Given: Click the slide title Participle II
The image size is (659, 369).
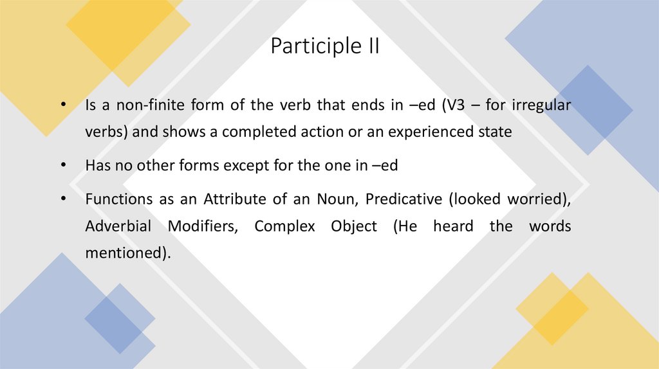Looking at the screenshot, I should click(x=324, y=46).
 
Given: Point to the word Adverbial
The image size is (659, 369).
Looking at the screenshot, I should click(x=118, y=227).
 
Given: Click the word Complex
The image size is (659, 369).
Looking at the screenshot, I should click(x=285, y=227).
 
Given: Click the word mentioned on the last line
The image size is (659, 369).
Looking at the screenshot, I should click(x=127, y=253).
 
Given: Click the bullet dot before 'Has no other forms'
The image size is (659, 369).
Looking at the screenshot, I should click(x=63, y=166).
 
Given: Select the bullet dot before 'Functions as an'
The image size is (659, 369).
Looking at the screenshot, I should click(x=63, y=199).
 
